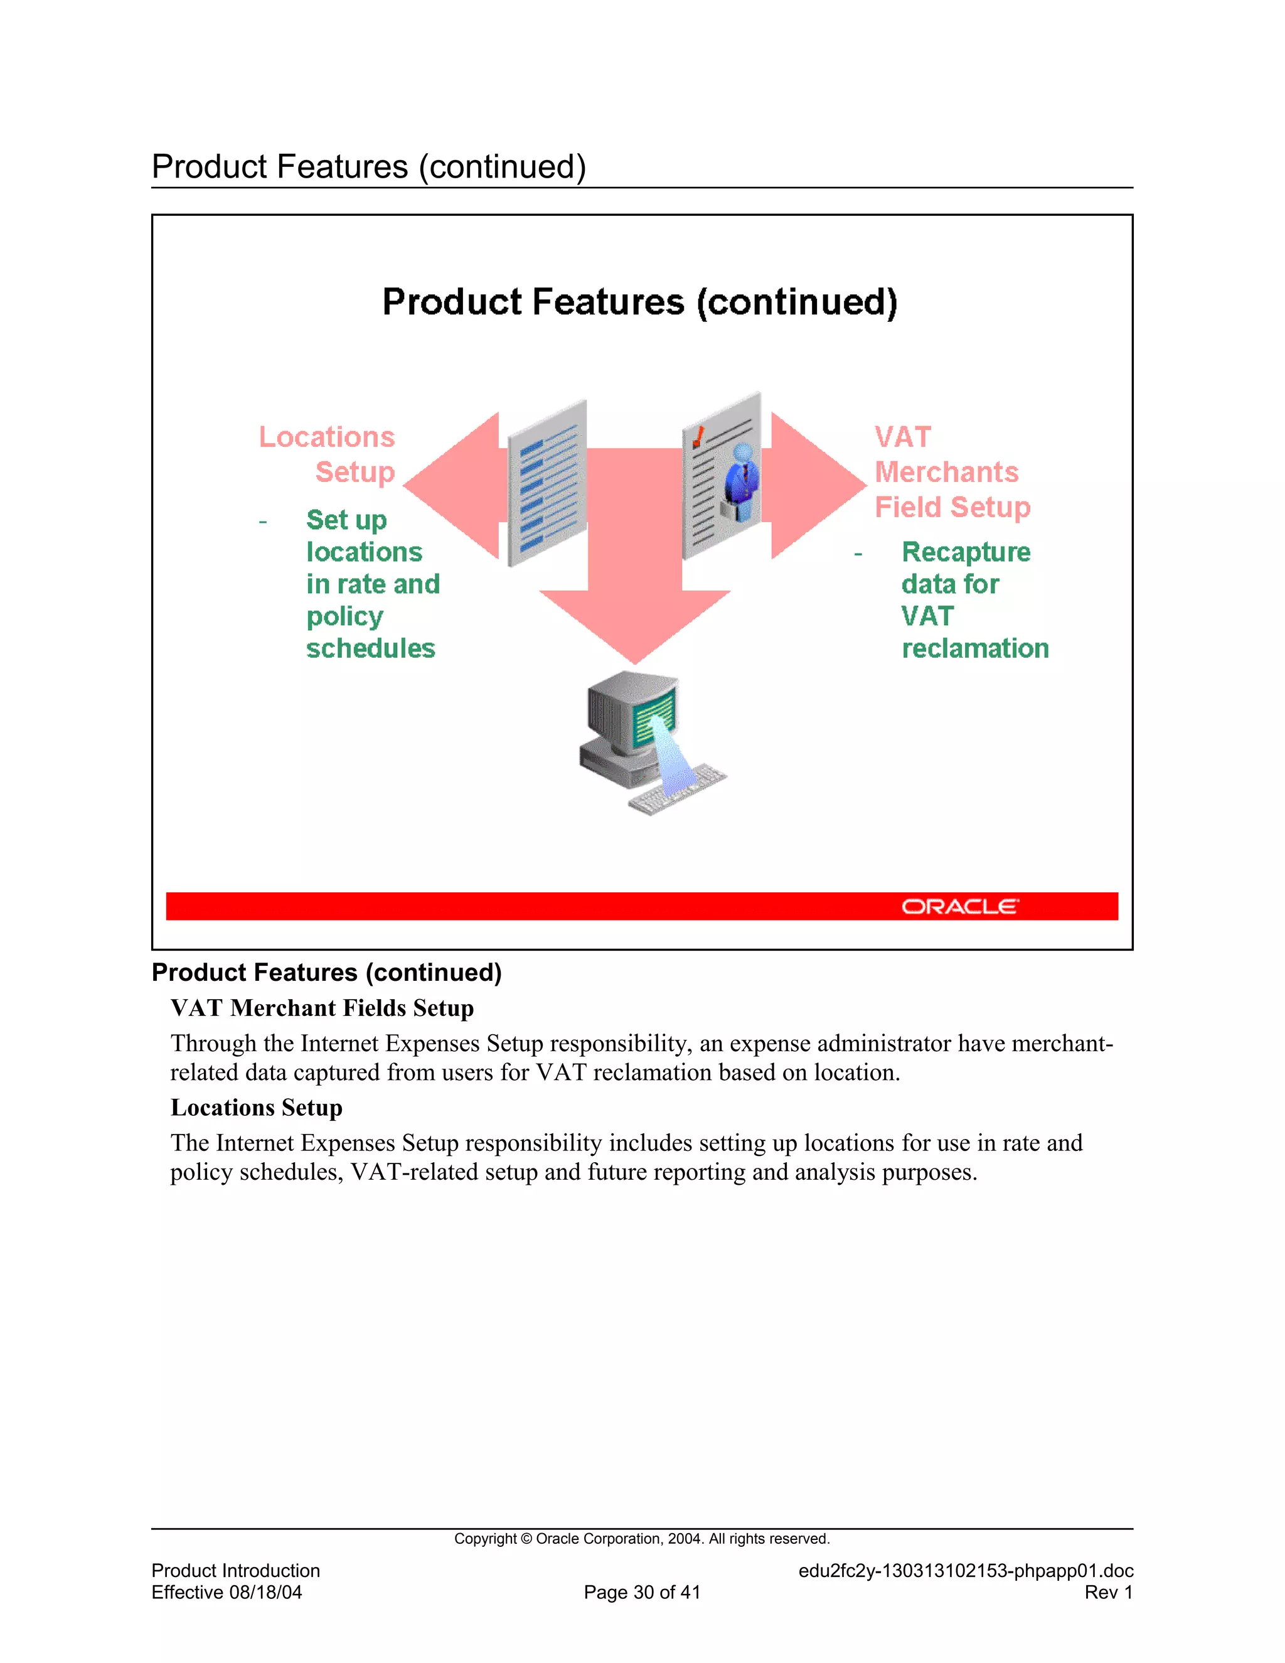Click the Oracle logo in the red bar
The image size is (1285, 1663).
coord(959,906)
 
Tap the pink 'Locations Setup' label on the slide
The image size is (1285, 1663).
coord(328,454)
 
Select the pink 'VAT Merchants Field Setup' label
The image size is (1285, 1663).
coord(952,472)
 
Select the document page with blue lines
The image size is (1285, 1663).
coord(547,483)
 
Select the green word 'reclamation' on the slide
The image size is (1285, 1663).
coord(975,648)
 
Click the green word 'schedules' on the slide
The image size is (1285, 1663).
coord(371,648)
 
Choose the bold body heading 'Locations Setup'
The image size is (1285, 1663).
coord(257,1107)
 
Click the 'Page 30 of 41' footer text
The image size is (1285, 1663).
coord(642,1592)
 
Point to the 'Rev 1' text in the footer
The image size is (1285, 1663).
coord(1109,1592)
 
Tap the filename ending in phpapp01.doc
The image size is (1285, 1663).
coord(965,1571)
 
